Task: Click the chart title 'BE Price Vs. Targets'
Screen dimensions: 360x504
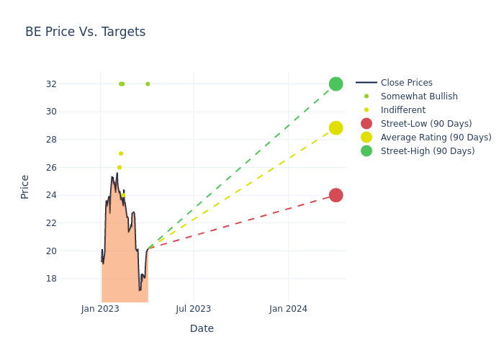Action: click(85, 32)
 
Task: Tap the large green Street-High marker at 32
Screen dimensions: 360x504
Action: click(336, 84)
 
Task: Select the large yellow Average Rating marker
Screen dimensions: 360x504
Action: click(336, 128)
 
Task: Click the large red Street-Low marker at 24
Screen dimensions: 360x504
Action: click(336, 195)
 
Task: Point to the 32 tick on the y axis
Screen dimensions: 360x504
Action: click(71, 84)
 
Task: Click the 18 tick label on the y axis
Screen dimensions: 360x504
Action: click(71, 279)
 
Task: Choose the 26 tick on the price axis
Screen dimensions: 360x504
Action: click(71, 168)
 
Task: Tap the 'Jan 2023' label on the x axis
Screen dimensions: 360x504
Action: click(100, 309)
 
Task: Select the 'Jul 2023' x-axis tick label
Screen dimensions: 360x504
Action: click(194, 309)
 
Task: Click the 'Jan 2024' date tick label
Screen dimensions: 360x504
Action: click(288, 309)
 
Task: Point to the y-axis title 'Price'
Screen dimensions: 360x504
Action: click(25, 186)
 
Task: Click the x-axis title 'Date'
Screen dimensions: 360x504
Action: click(202, 328)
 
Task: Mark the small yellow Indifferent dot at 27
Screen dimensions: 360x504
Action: click(121, 153)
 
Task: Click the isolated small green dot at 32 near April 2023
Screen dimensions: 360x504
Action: click(148, 84)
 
